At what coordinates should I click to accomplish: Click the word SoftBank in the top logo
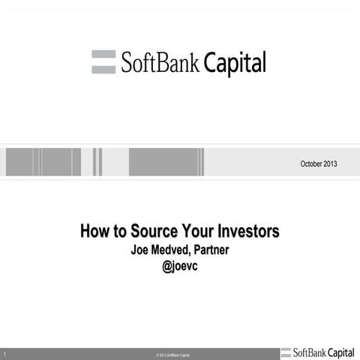(x=160, y=63)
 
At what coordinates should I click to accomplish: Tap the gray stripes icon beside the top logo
(x=103, y=62)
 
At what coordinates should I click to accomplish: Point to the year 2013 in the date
(x=331, y=163)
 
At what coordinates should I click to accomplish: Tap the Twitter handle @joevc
(x=179, y=265)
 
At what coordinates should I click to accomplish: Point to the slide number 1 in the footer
(x=4, y=353)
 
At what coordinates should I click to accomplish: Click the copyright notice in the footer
(x=168, y=354)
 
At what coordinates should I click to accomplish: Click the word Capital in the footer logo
(x=341, y=352)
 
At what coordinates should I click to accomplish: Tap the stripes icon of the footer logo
(x=286, y=352)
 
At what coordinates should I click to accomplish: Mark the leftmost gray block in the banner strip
(x=19, y=161)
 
